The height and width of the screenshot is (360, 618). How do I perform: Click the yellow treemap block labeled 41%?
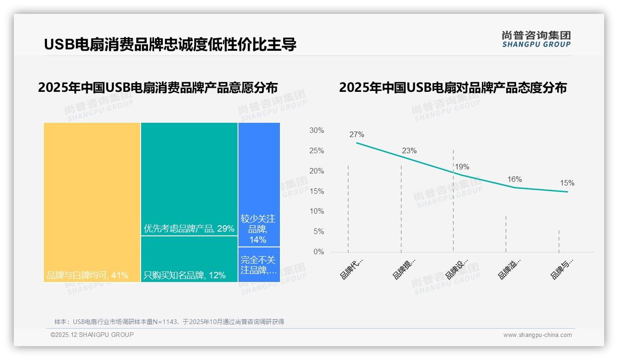pos(92,202)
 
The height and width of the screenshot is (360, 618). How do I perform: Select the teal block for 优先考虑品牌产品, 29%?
pos(189,179)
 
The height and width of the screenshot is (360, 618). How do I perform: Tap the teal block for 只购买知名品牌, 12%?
pos(189,259)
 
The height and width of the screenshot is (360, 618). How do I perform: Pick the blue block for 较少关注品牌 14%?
pos(259,185)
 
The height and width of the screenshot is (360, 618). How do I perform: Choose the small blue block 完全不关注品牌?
pos(259,265)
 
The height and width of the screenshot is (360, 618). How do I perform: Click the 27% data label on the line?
pos(357,135)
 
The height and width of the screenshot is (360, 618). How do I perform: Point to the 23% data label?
pos(409,150)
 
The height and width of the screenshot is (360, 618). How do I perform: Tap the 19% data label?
pos(462,167)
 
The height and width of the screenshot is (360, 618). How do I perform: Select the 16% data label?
pos(514,179)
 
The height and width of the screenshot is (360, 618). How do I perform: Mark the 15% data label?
pos(567,183)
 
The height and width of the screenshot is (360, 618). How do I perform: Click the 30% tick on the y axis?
pos(316,131)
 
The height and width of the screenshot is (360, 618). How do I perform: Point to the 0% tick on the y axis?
pos(318,252)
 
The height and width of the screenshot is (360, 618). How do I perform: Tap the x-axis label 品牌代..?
pos(351,269)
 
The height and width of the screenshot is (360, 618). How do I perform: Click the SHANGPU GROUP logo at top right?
pos(536,39)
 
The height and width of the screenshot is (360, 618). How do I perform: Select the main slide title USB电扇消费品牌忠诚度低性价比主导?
pos(170,44)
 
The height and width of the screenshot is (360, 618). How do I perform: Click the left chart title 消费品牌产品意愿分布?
pos(158,88)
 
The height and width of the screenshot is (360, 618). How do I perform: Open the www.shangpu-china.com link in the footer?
pos(537,335)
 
